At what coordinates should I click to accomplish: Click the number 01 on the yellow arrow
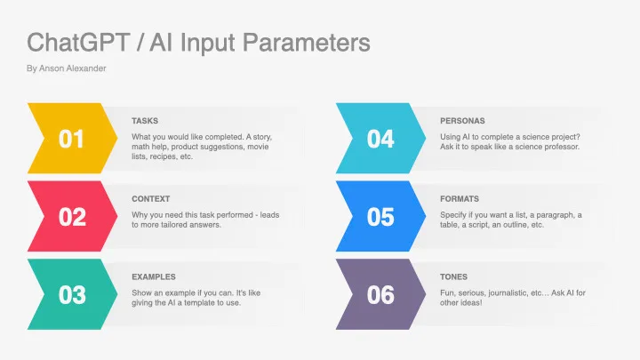pyautogui.click(x=72, y=140)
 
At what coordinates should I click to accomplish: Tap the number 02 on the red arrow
pyautogui.click(x=72, y=217)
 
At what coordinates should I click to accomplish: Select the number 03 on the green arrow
pyautogui.click(x=72, y=295)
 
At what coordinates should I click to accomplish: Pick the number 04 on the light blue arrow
pyautogui.click(x=380, y=140)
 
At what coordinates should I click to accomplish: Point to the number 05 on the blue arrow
pyautogui.click(x=380, y=217)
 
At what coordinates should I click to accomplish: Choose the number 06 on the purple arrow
pyautogui.click(x=380, y=295)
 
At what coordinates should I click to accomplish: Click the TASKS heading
pyautogui.click(x=146, y=120)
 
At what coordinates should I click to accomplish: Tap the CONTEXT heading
pyautogui.click(x=151, y=198)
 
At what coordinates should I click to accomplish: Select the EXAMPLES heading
pyautogui.click(x=154, y=276)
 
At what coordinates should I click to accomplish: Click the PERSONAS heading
pyautogui.click(x=462, y=120)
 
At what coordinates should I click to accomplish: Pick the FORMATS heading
pyautogui.click(x=460, y=198)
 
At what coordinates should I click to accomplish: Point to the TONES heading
pyautogui.click(x=453, y=276)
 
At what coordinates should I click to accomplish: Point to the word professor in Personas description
pyautogui.click(x=559, y=146)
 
